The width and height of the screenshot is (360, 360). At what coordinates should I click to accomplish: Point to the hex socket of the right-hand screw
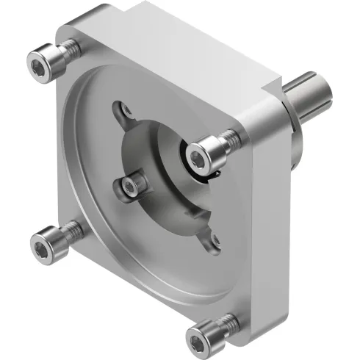tap(198, 155)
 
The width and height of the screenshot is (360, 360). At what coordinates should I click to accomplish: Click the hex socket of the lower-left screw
tap(41, 242)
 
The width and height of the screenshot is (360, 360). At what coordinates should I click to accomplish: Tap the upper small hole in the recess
tap(126, 111)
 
